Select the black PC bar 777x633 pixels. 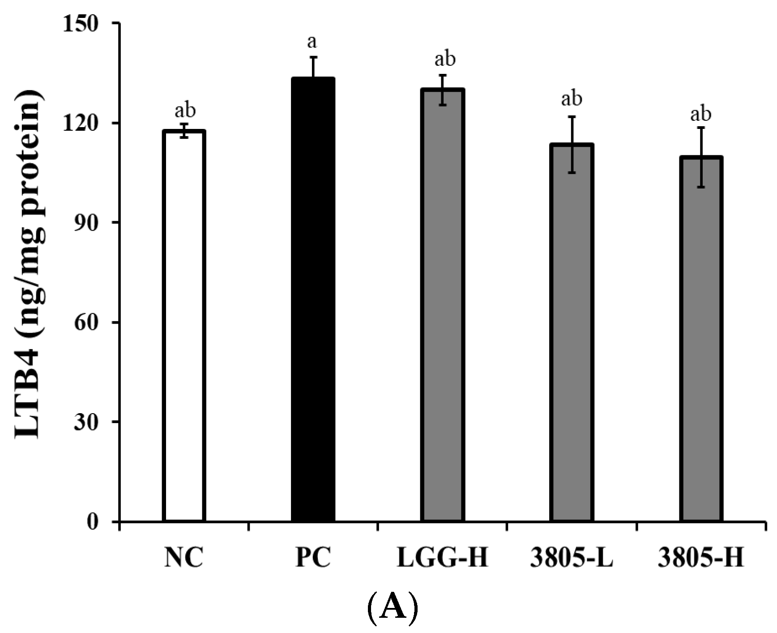pos(313,300)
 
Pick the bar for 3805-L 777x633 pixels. pos(572,333)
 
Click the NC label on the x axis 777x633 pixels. pos(184,558)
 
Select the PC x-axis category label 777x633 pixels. pos(313,558)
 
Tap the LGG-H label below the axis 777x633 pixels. pos(442,558)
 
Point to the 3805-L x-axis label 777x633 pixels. pos(572,558)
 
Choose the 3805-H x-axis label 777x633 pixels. pos(701,558)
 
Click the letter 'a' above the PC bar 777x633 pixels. pos(312,42)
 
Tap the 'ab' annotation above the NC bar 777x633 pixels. pos(185,110)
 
